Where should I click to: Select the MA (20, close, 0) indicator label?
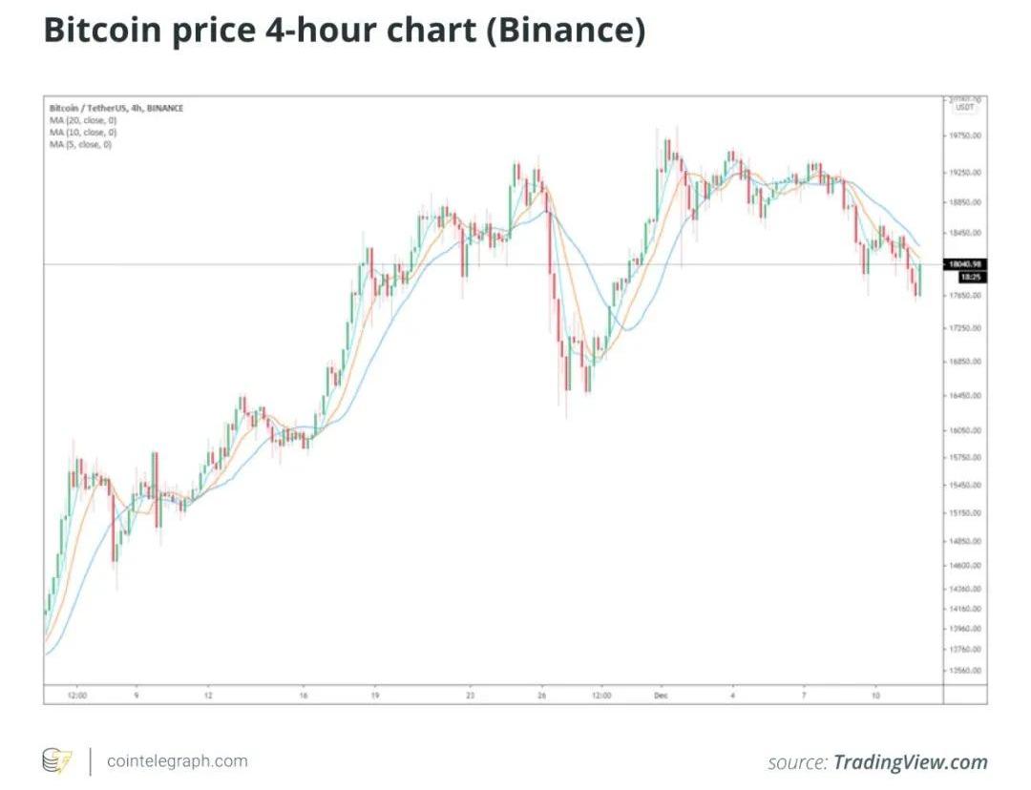pyautogui.click(x=83, y=120)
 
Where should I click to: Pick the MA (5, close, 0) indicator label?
pyautogui.click(x=81, y=144)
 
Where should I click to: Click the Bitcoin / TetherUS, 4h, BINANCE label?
pyautogui.click(x=116, y=108)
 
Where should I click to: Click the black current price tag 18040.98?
pyautogui.click(x=965, y=264)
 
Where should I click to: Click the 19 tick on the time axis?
pyautogui.click(x=375, y=696)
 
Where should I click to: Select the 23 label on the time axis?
pyautogui.click(x=470, y=696)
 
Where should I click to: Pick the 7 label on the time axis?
pyautogui.click(x=804, y=696)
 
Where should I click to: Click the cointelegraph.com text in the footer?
pyautogui.click(x=178, y=761)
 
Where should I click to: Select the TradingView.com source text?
pyautogui.click(x=911, y=762)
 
